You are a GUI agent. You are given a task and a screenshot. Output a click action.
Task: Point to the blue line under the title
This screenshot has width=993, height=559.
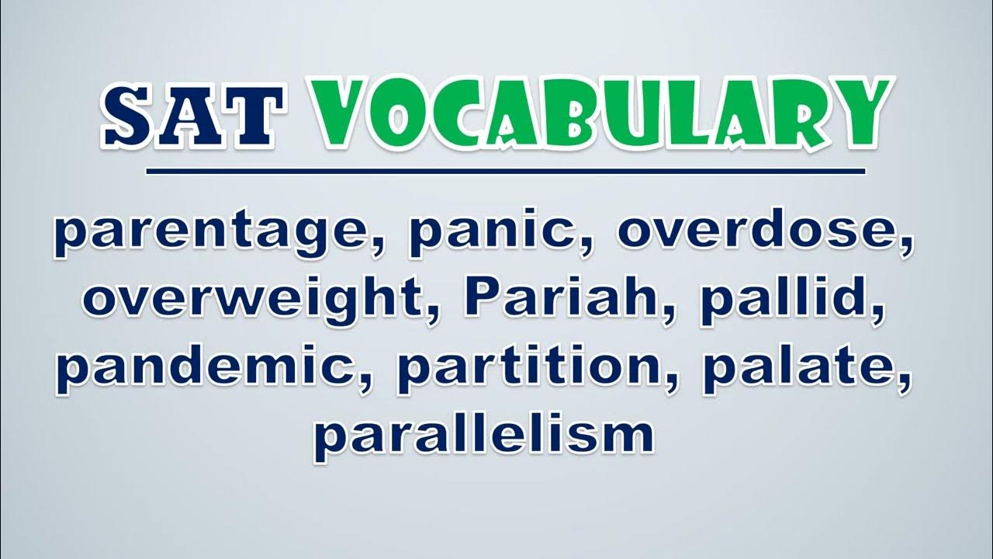tap(505, 172)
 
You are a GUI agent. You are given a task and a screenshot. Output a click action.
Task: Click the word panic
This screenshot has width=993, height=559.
tap(502, 232)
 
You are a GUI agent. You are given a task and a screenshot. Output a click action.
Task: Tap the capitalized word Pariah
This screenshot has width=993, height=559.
tap(561, 297)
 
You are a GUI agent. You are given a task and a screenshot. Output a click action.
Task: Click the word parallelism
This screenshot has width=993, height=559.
tap(483, 437)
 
